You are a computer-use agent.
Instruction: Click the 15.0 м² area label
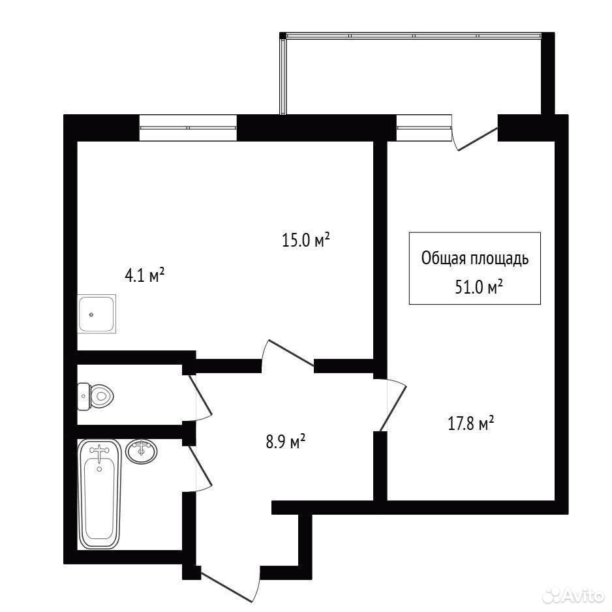[x=306, y=239]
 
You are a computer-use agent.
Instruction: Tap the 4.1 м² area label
[x=144, y=275]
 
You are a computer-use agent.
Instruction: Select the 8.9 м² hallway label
[x=285, y=442]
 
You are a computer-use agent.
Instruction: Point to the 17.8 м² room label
[x=471, y=423]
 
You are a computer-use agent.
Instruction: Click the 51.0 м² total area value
[x=478, y=287]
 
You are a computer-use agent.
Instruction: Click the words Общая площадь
[x=475, y=258]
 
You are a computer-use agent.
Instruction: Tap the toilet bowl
[x=96, y=397]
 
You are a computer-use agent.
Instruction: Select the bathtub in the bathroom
[x=100, y=494]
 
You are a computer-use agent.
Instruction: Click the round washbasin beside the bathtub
[x=142, y=451]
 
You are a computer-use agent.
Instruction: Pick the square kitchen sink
[x=97, y=314]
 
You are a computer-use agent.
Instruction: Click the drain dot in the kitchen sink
[x=91, y=314]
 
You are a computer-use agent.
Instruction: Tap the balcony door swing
[x=475, y=138]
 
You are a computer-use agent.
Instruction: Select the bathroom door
[x=202, y=468]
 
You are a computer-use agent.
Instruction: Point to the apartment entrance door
[x=230, y=583]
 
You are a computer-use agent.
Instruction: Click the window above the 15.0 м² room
[x=188, y=128]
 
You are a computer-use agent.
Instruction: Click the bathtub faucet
[x=100, y=450]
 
